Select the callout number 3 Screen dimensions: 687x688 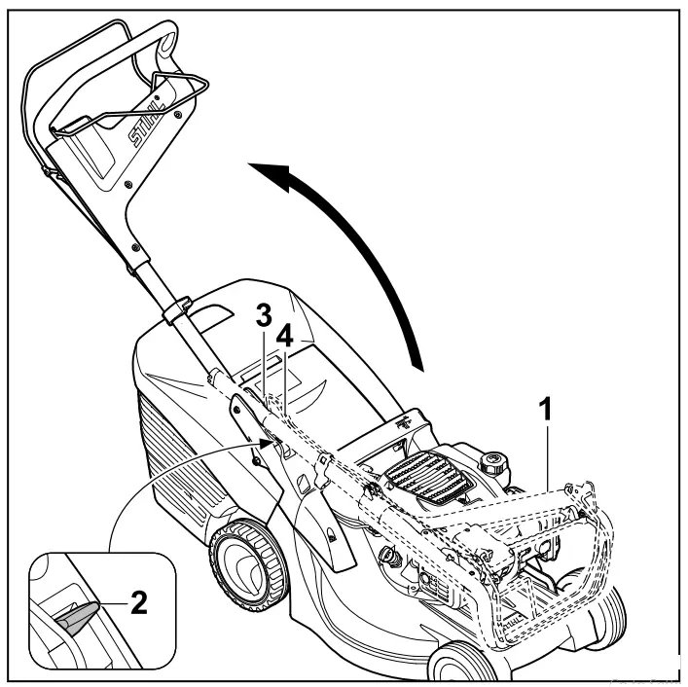point(263,317)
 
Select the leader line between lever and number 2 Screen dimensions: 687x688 point(109,605)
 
